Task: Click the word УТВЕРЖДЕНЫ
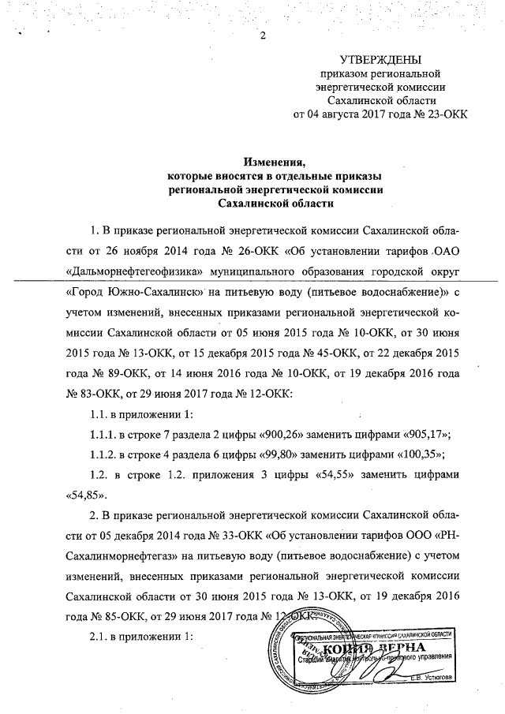click(380, 60)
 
